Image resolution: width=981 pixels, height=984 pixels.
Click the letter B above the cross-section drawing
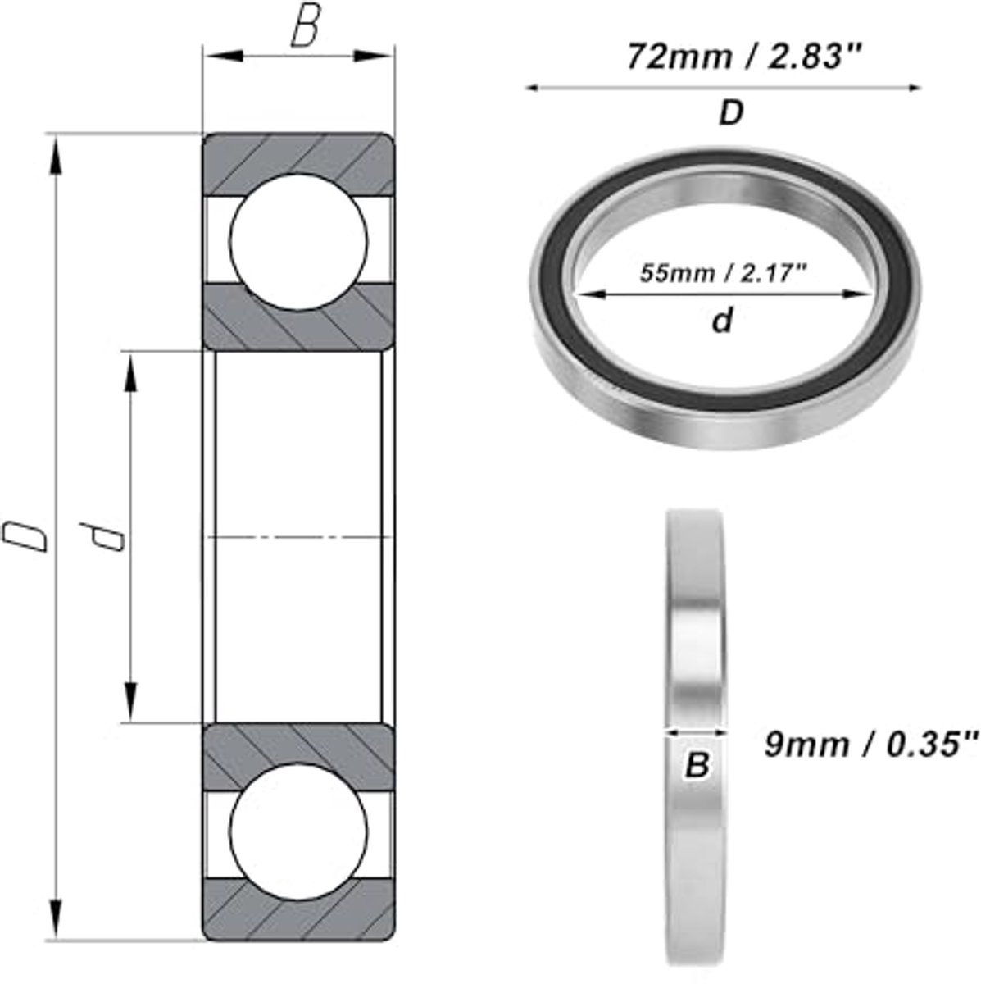coord(304,30)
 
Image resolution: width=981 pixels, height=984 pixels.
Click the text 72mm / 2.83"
coord(746,57)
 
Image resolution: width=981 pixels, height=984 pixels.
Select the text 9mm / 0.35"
coord(871,745)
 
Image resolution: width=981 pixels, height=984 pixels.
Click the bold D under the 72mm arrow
coord(730,113)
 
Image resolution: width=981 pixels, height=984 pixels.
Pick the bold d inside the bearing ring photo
coord(721,321)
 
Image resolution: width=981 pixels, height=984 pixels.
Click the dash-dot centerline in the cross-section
coord(298,537)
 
